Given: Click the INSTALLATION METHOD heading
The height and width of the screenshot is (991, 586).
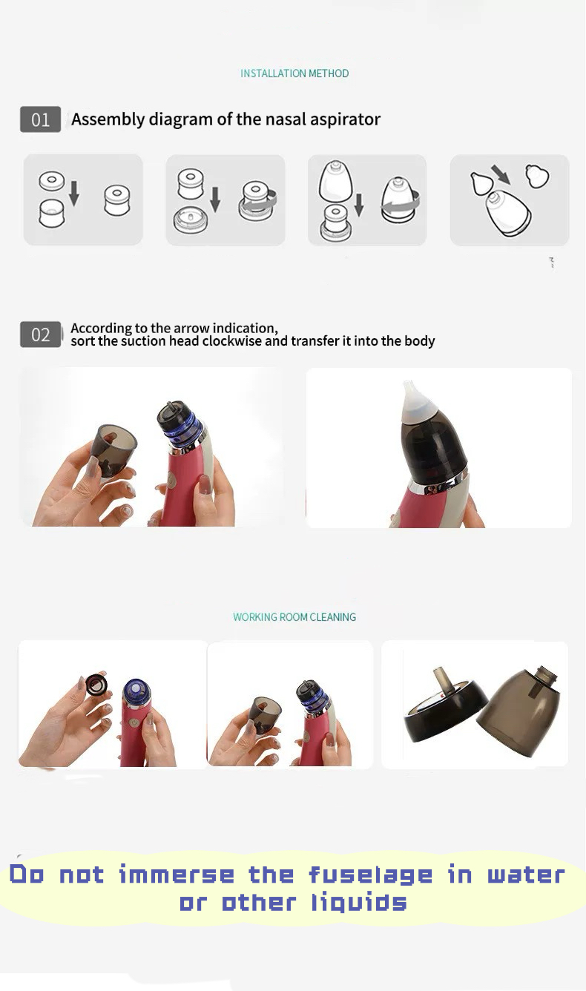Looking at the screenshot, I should pos(294,73).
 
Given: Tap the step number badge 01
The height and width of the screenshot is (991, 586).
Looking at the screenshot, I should pos(40,120).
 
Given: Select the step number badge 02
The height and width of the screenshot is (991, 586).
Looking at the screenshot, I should pos(40,335).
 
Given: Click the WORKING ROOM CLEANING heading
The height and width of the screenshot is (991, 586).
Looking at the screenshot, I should pos(294,617).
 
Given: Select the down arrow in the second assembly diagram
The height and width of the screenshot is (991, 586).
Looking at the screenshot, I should pos(215,199).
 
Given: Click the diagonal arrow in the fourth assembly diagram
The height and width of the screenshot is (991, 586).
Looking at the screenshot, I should pos(501,175).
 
